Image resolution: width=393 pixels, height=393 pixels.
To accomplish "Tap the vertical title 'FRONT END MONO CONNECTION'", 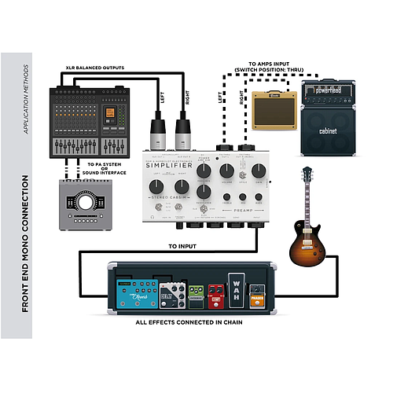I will pyautogui.click(x=26, y=243).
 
